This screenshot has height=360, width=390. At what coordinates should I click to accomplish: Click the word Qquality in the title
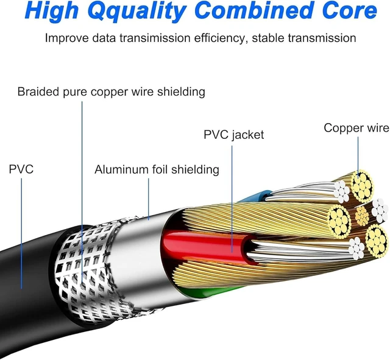[137, 12]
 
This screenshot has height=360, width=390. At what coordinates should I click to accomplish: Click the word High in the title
[52, 12]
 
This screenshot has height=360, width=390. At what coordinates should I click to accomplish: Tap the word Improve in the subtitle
[66, 38]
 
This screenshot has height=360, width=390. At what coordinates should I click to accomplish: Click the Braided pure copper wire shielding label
[111, 92]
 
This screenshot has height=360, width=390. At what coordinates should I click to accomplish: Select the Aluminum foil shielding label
[157, 169]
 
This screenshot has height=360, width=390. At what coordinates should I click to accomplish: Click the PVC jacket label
[233, 135]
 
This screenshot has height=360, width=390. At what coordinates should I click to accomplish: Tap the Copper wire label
[356, 128]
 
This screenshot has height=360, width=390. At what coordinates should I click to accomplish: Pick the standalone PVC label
[21, 169]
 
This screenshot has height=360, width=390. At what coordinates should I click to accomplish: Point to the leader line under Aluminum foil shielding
[149, 199]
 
